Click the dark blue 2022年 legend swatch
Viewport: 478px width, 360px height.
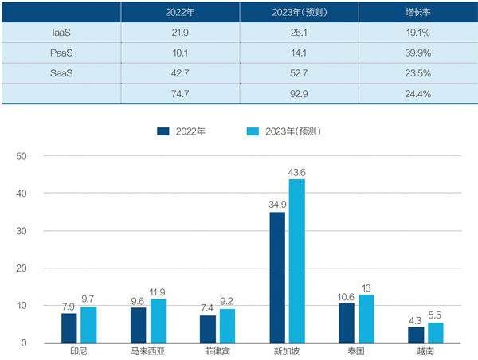(163, 130)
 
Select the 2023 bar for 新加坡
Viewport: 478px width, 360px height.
(297, 261)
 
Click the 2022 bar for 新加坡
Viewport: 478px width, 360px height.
(277, 277)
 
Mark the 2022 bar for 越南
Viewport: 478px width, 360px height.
(416, 335)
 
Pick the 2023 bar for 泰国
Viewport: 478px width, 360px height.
(366, 319)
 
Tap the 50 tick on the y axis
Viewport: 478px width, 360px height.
(22, 156)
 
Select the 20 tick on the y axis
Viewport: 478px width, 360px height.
(22, 268)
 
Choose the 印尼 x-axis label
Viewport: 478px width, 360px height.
(78, 351)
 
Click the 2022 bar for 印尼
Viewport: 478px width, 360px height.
(69, 328)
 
